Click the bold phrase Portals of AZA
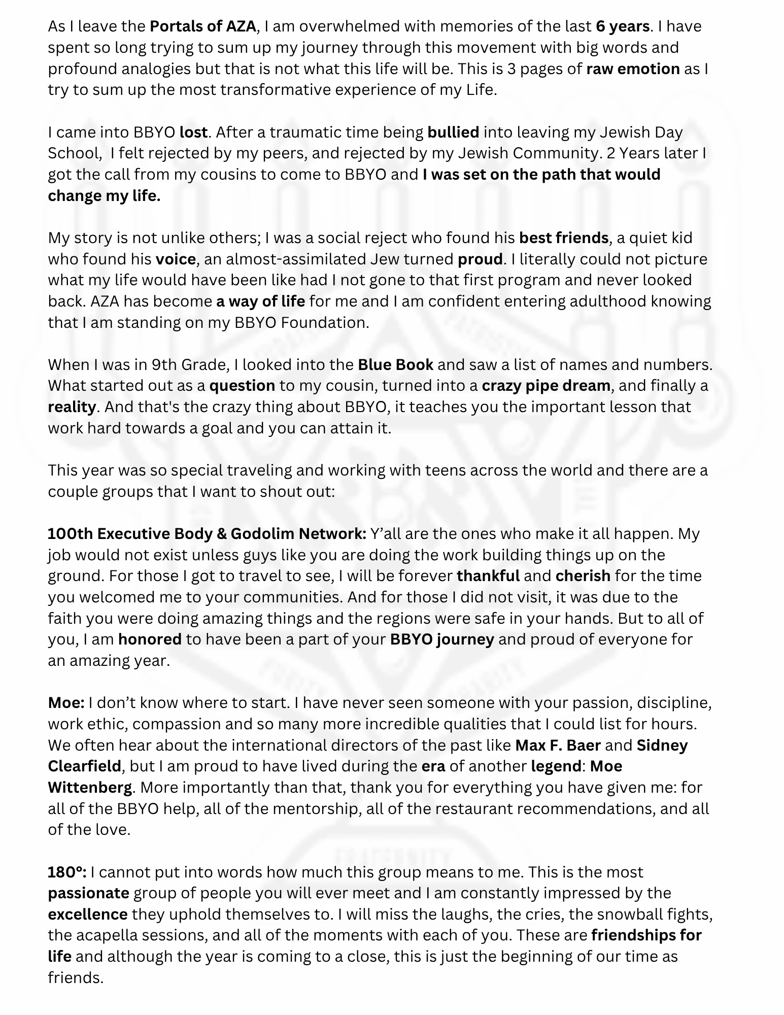[x=203, y=26]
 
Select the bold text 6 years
[x=623, y=26]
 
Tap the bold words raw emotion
[x=633, y=69]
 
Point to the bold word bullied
[x=453, y=132]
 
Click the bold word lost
[x=193, y=132]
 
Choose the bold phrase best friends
[x=564, y=238]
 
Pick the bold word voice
[x=176, y=259]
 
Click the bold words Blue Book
[x=395, y=364]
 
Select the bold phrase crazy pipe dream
[x=546, y=386]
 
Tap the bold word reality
[x=72, y=407]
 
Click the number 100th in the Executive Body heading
[x=70, y=534]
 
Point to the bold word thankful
[x=488, y=576]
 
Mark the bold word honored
[x=150, y=639]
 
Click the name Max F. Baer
[x=558, y=746]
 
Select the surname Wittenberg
[x=90, y=788]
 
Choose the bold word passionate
[x=89, y=893]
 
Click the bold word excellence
[x=88, y=915]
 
